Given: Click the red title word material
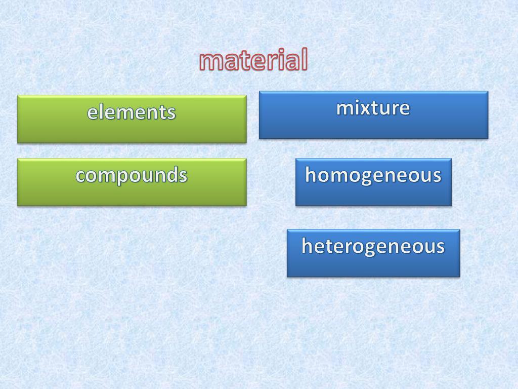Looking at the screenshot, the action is pos(254,60).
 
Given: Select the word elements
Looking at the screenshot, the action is pos(132,112).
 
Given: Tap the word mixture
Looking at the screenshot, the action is pos(373,108).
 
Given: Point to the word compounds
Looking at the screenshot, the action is pos(132,175).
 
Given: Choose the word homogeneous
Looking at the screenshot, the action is pos(373,175).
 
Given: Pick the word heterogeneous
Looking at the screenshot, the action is pos(373,247).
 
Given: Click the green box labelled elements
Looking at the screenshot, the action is pos(132,119).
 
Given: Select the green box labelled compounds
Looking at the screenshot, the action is pos(132,182).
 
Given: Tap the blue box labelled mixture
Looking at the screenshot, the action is pos(374,115).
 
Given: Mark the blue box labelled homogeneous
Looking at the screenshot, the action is pos(374,182).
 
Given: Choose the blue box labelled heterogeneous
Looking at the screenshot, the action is pos(374,253).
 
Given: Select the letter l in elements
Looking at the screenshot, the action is pos(101,112).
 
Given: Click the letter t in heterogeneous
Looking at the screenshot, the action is pos(334,247).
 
